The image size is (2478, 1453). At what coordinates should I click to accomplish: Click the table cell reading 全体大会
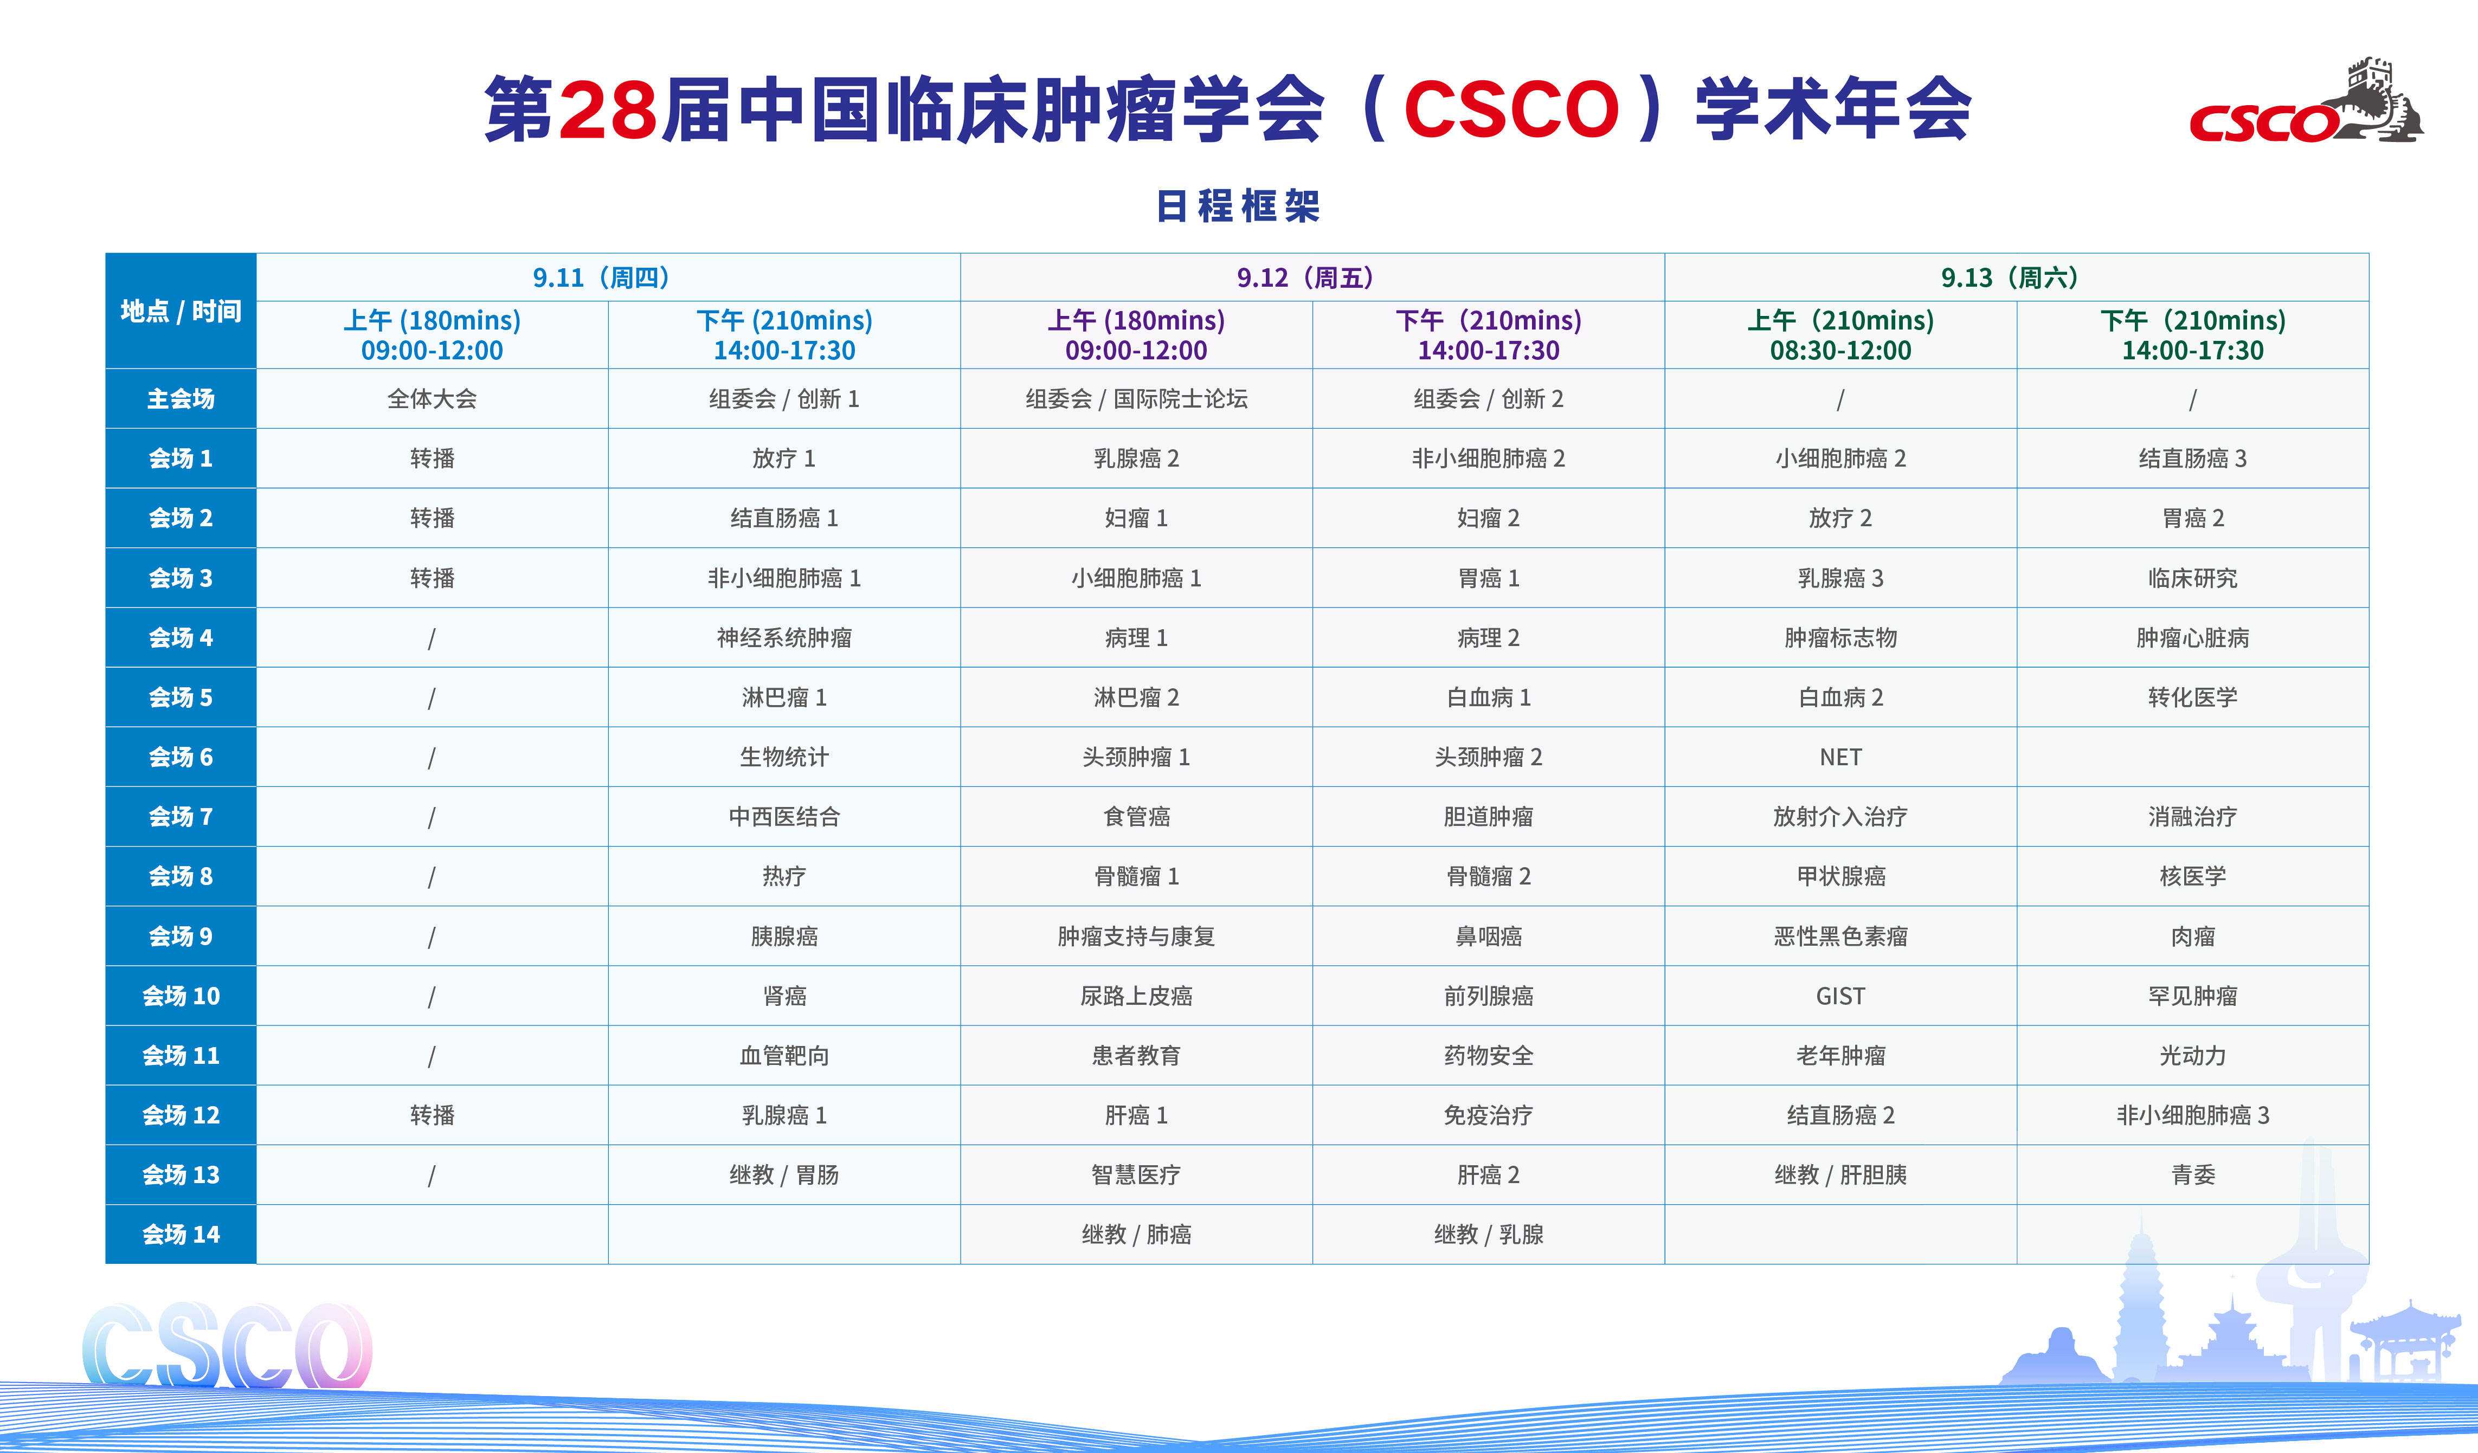coord(432,399)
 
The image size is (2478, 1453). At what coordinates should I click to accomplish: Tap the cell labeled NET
coord(1840,757)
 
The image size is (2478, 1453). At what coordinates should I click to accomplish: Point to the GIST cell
coord(1840,996)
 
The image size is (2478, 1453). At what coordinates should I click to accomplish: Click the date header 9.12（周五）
coord(1312,278)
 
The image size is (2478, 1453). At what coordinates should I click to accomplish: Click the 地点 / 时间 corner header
coord(181,312)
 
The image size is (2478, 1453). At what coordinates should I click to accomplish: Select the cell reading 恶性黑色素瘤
coord(1840,936)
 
